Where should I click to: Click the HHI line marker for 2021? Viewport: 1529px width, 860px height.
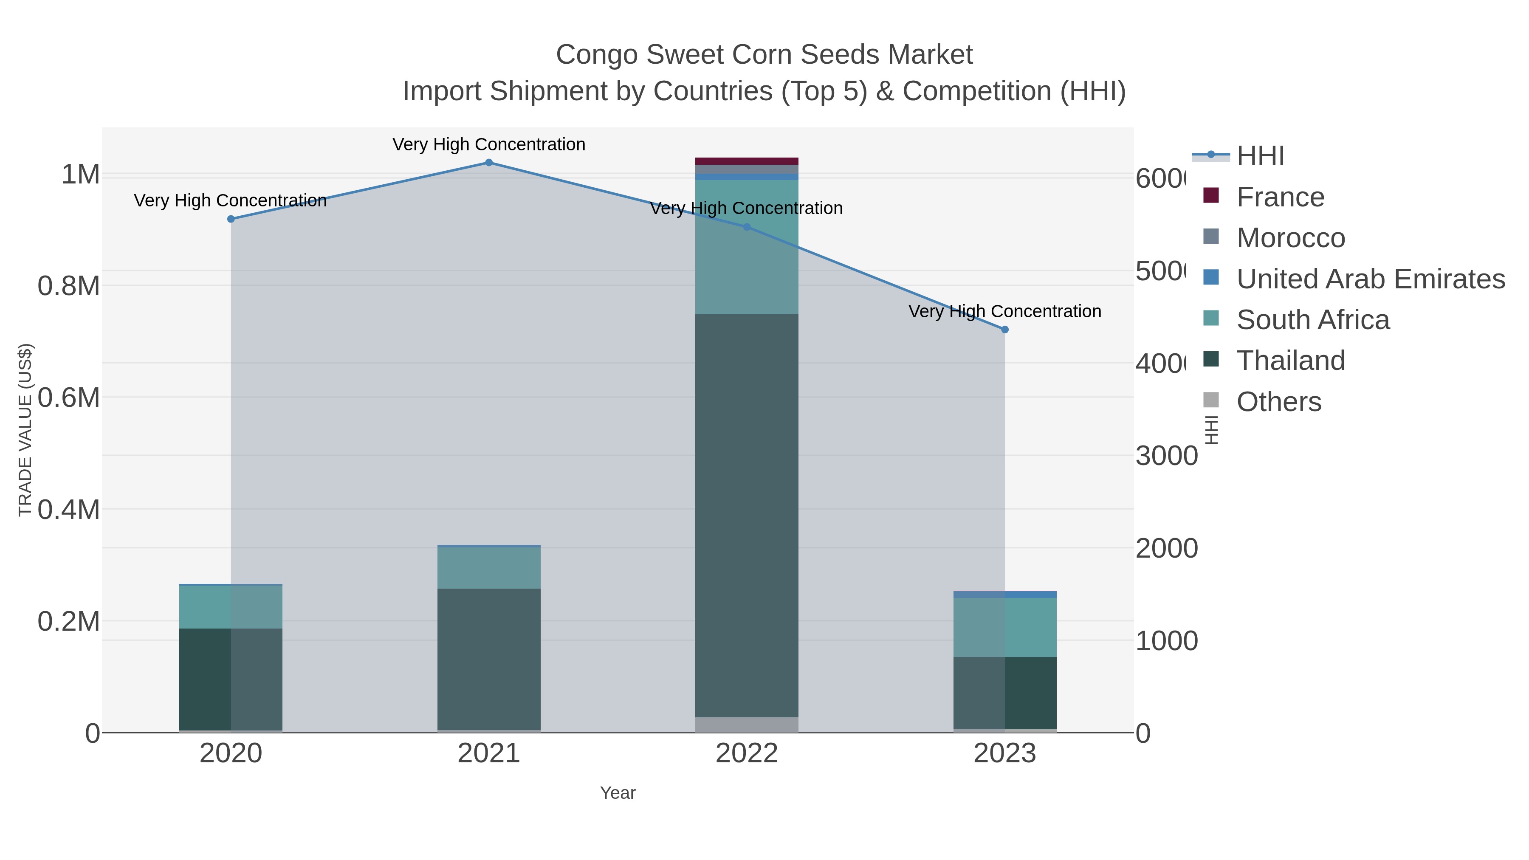(x=488, y=163)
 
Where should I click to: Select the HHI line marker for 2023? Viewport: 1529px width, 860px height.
(x=1004, y=330)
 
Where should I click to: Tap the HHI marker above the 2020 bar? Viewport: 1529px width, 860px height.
(x=231, y=219)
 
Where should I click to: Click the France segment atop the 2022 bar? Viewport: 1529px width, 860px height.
(x=746, y=161)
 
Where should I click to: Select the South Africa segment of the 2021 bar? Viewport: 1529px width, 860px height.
(x=488, y=567)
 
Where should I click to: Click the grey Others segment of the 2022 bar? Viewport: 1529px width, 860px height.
(x=746, y=725)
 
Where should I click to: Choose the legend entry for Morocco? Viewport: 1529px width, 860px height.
(x=1290, y=238)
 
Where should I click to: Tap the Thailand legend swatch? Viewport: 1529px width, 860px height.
(x=1211, y=360)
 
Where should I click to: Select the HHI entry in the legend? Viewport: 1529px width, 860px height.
(x=1260, y=156)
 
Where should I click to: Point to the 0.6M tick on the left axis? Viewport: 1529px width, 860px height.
(x=68, y=397)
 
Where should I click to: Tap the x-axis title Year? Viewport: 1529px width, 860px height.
(x=617, y=793)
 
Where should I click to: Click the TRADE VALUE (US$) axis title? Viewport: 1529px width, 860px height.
(x=25, y=430)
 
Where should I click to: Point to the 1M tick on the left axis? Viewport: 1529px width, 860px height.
(x=80, y=175)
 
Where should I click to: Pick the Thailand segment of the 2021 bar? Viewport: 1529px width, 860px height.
(x=488, y=659)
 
